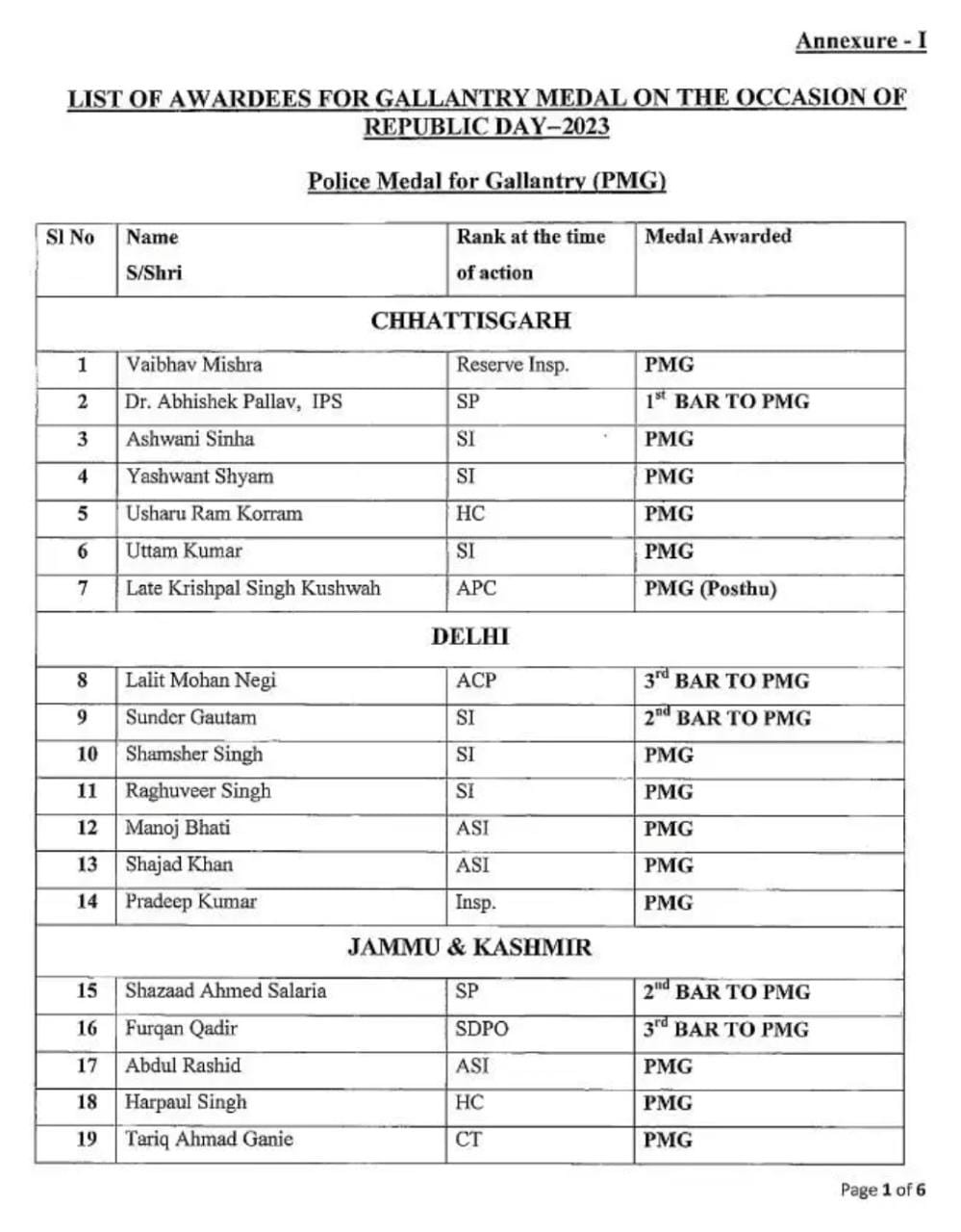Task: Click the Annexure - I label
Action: [860, 41]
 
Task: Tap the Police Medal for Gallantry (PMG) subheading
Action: [487, 181]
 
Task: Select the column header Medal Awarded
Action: [718, 237]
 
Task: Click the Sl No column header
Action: [70, 237]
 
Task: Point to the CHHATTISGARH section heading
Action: [470, 321]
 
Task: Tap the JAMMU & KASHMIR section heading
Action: [470, 947]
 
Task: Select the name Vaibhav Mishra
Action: [193, 366]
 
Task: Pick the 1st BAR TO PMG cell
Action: [726, 402]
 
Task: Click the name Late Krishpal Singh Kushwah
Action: [253, 588]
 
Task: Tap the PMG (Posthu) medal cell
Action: [710, 589]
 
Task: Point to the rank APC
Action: [476, 588]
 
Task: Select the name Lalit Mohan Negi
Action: [200, 680]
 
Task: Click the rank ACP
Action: [476, 680]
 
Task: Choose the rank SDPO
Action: [482, 1029]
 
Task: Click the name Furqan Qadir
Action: [181, 1029]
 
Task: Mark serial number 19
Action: [87, 1140]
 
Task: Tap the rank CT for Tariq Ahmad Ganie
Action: [468, 1140]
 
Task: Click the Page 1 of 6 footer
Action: [882, 1191]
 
